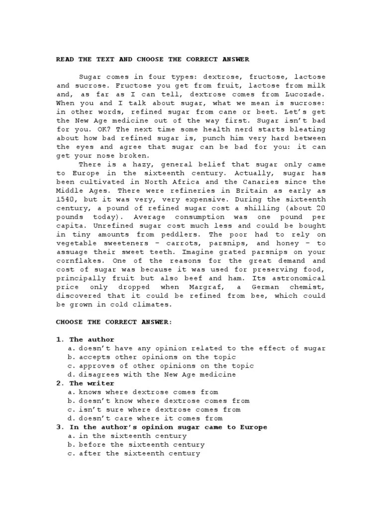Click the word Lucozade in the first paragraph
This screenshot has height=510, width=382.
pos(307,94)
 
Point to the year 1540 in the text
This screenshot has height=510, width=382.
pos(65,200)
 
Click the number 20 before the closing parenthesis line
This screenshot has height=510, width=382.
pos(321,208)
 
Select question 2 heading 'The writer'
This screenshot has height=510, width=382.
pos(92,383)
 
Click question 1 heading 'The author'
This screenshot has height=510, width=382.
pos(92,339)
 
